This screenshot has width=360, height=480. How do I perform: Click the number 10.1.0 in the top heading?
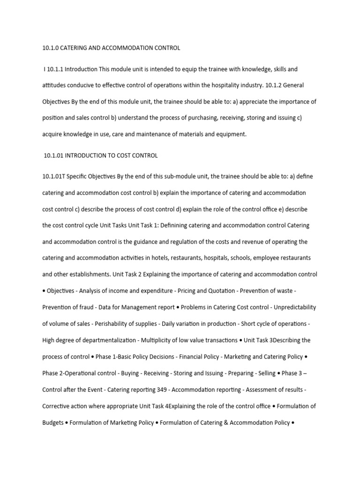click(x=49, y=48)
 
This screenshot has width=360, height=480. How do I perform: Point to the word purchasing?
click(x=174, y=118)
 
